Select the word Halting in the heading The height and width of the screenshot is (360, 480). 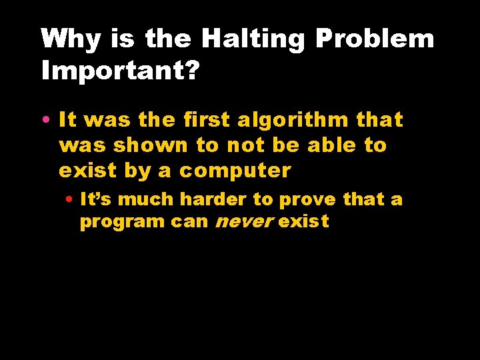click(253, 39)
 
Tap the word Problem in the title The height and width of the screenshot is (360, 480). click(374, 39)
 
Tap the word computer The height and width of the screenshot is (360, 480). click(235, 171)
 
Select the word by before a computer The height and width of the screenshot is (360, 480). click(139, 171)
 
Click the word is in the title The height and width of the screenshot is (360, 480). click(123, 39)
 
